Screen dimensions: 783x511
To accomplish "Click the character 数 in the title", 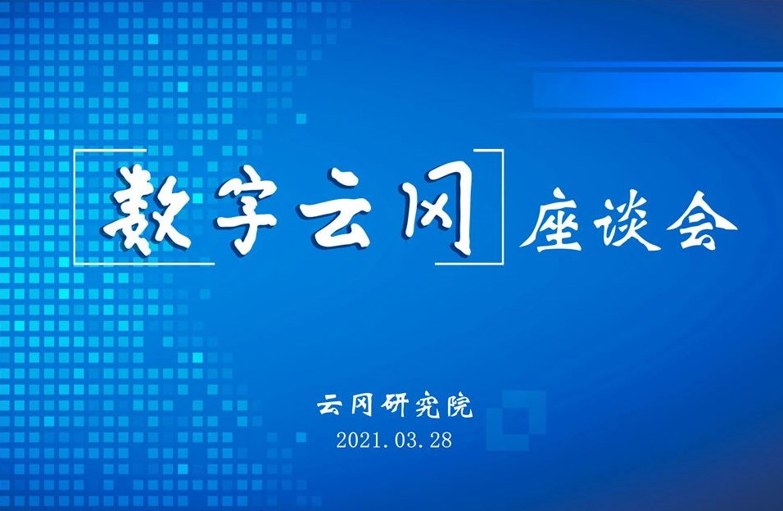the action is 147,210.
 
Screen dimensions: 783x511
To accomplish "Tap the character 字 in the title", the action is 246,210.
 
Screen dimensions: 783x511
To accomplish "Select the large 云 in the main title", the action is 337,209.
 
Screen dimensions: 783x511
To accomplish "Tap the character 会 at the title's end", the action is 702,219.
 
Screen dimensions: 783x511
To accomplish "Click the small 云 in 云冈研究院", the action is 332,405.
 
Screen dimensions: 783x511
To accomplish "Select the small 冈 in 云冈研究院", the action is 361,405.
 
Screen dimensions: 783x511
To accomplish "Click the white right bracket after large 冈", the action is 502,207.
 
